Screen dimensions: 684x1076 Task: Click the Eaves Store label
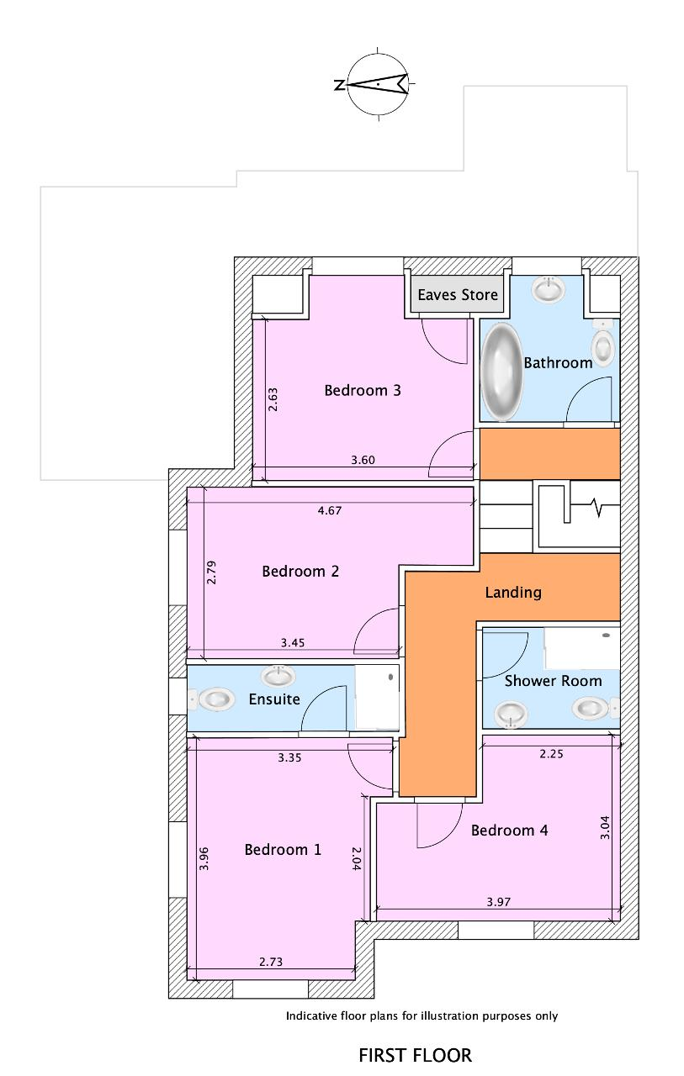click(458, 294)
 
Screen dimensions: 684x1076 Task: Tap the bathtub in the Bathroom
click(501, 372)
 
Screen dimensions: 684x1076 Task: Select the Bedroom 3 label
click(363, 390)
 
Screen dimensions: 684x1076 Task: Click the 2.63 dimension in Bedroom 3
click(273, 399)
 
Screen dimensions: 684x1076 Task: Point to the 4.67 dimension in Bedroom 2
click(330, 510)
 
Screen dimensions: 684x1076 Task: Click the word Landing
click(513, 593)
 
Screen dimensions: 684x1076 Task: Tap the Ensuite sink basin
click(278, 677)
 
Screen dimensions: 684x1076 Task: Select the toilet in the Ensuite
click(212, 699)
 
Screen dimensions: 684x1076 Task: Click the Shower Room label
click(553, 681)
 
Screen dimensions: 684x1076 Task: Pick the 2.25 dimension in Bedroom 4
click(551, 754)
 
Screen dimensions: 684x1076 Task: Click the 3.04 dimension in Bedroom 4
click(605, 828)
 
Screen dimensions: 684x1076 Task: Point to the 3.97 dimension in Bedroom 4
click(498, 902)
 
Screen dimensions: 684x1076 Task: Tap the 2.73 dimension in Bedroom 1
click(271, 962)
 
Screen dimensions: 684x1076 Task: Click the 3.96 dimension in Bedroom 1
click(204, 858)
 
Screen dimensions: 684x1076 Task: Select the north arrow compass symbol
click(377, 85)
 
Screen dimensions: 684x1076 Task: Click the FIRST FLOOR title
click(416, 1055)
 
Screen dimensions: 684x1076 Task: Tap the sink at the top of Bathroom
click(548, 289)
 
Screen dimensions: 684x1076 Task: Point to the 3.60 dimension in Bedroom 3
click(363, 460)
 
